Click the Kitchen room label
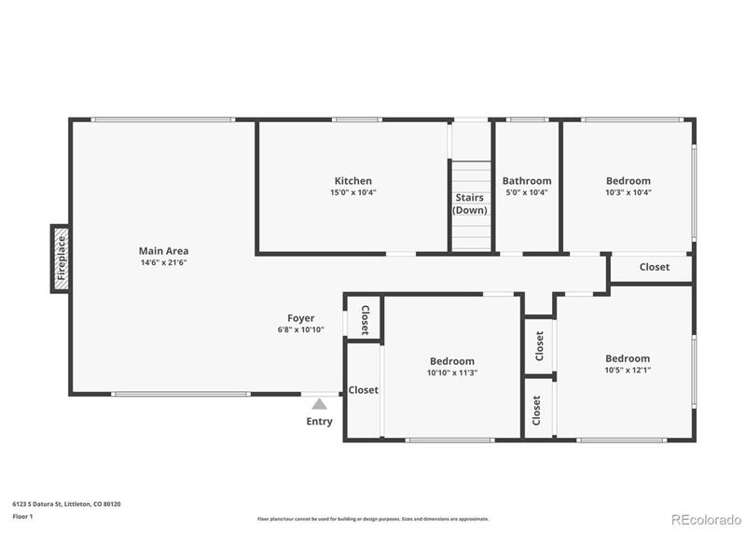[352, 181]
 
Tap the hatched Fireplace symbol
[61, 259]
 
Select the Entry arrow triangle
[319, 404]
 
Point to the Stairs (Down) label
[471, 203]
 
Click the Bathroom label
[527, 181]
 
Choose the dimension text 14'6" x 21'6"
[163, 262]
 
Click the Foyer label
[300, 318]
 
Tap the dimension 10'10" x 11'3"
[452, 372]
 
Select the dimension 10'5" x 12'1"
[628, 370]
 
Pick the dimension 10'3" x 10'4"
[629, 192]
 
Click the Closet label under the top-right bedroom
[654, 267]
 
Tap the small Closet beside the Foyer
[365, 320]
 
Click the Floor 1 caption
[22, 516]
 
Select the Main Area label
[163, 250]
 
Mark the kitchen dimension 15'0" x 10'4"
[352, 192]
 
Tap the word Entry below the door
[319, 422]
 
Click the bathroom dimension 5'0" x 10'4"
[527, 192]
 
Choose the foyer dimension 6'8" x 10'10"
[300, 329]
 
